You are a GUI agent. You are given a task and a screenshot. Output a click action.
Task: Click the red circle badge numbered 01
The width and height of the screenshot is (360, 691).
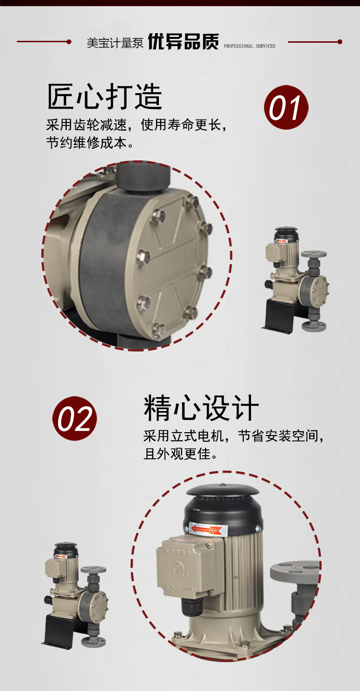pyautogui.click(x=286, y=108)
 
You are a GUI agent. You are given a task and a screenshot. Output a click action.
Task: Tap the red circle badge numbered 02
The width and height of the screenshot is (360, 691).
pyautogui.click(x=74, y=418)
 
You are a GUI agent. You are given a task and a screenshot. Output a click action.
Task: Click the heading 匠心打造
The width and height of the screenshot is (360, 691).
pyautogui.click(x=105, y=97)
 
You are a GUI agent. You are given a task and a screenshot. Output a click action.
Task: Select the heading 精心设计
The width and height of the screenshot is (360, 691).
pyautogui.click(x=201, y=408)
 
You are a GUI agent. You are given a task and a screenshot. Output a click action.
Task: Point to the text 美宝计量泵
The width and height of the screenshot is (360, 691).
pyautogui.click(x=115, y=43)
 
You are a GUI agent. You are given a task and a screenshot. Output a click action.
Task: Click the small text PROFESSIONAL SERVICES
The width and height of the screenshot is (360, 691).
pyautogui.click(x=250, y=46)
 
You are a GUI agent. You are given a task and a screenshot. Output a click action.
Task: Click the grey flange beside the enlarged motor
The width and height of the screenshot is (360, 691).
pyautogui.click(x=295, y=571)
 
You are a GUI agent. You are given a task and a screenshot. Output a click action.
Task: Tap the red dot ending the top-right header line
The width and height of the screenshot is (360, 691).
pyautogui.click(x=340, y=42)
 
